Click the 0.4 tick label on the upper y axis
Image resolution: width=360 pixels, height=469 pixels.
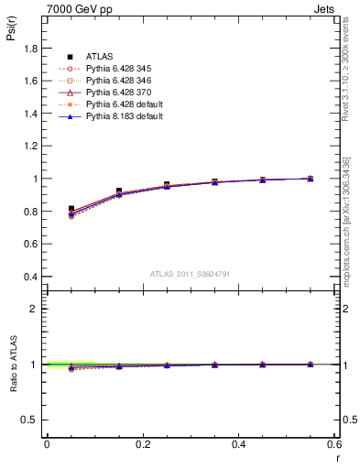[x=31, y=277]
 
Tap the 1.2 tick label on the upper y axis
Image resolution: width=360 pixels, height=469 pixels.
[x=31, y=147]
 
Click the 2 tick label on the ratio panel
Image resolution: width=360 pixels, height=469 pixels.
[x=35, y=309]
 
